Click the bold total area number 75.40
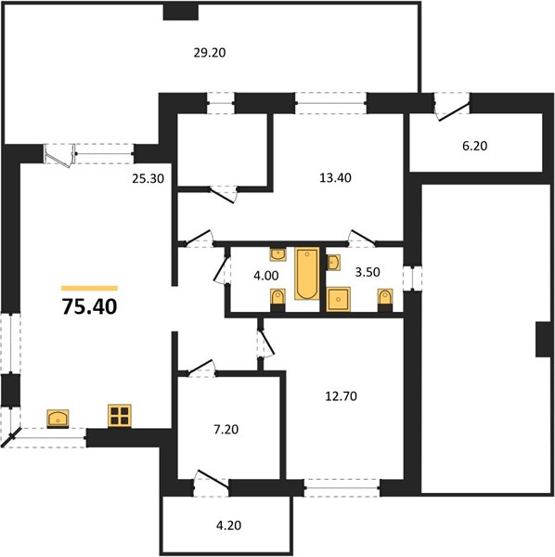pos(89,306)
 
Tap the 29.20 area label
pos(210,53)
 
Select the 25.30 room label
pos(148,178)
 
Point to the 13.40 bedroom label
pos(336,177)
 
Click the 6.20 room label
pos(475,146)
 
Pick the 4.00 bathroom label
pos(266,276)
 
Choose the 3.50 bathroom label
pos(368,272)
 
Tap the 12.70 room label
pos(342,395)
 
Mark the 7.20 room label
pos(226,429)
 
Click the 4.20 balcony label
pos(228,525)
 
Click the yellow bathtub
pos(307,274)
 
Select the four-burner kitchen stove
pos(120,416)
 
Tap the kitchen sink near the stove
pos(58,419)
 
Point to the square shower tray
pos(338,299)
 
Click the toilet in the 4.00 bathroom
pos(277,300)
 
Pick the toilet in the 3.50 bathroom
pos(385,300)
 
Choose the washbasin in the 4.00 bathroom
pos(278,254)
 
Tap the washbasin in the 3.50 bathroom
pos(333,263)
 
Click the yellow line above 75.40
pos(89,288)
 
